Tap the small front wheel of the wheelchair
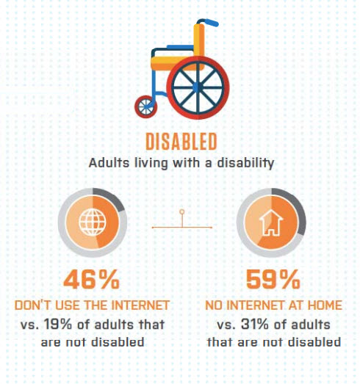point(145,106)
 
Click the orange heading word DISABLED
point(181,141)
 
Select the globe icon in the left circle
point(93,222)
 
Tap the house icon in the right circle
point(271,222)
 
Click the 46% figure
point(91,280)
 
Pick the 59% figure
point(273,280)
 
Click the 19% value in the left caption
point(58,325)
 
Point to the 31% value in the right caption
point(255,325)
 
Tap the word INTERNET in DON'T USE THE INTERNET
point(140,305)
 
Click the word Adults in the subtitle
point(109,163)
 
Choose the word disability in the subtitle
point(245,163)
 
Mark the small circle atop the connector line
point(182,211)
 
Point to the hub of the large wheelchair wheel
point(198,87)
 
